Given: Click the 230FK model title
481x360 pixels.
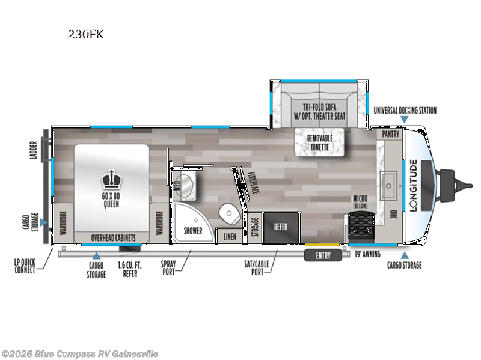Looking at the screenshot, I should (85, 34).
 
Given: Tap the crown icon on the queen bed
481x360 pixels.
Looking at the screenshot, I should (110, 178).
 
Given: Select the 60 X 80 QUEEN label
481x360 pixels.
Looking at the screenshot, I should (110, 200).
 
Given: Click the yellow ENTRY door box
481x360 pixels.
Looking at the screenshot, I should (326, 255).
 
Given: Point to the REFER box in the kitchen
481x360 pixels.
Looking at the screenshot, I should (281, 227).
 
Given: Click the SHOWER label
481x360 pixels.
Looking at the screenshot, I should (193, 230).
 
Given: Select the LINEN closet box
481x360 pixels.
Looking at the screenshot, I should (229, 236).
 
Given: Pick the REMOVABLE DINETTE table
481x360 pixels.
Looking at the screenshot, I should (322, 142).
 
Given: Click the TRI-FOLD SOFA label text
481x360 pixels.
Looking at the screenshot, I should (319, 111).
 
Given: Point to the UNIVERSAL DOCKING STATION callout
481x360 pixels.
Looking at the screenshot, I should (405, 110).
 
